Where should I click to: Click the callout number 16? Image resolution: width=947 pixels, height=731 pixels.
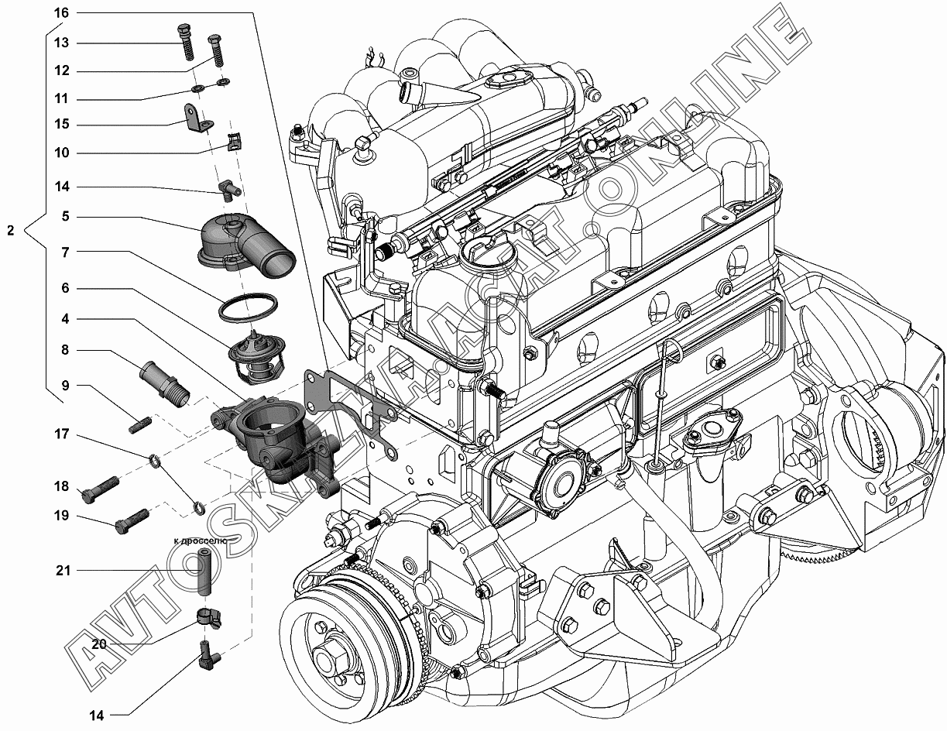click(x=61, y=12)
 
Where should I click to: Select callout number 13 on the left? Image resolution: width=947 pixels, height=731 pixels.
click(x=61, y=43)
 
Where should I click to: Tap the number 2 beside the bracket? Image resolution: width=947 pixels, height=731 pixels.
click(x=11, y=231)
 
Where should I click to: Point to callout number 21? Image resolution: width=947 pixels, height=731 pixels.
click(x=63, y=570)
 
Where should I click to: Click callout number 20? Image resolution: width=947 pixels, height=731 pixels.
click(x=99, y=643)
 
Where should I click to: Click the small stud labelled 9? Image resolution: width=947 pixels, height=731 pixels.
click(x=140, y=424)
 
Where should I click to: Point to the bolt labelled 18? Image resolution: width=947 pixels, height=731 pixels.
click(x=100, y=489)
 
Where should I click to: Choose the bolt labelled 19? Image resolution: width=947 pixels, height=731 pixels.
click(x=132, y=521)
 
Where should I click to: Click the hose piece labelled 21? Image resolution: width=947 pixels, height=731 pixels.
click(x=204, y=572)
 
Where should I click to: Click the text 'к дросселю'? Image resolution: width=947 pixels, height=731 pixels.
click(x=200, y=541)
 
